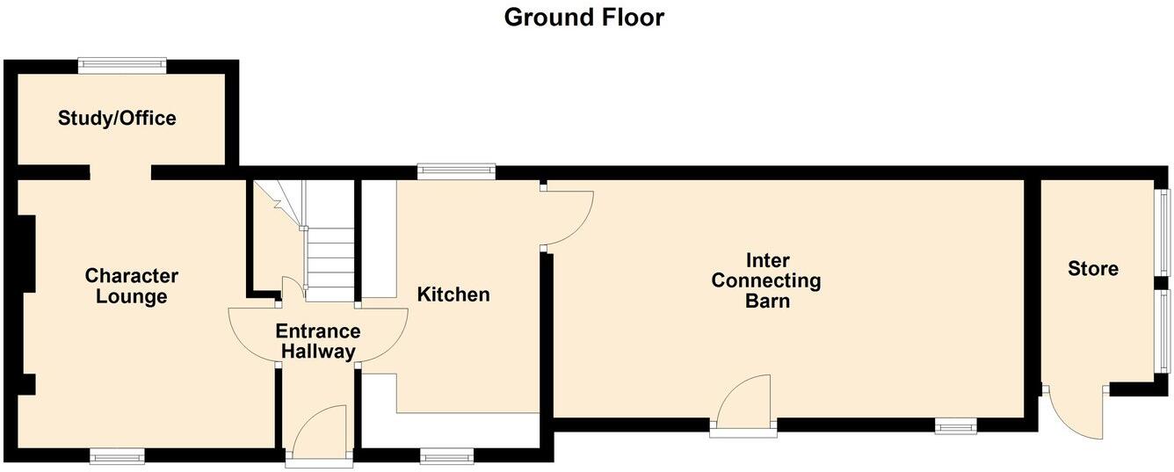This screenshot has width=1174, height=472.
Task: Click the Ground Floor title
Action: (x=583, y=18)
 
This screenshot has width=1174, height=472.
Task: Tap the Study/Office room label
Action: (x=117, y=118)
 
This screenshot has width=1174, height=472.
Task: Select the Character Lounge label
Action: (x=131, y=287)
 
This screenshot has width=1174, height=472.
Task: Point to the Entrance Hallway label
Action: (x=317, y=342)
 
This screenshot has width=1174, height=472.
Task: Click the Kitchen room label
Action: (x=453, y=294)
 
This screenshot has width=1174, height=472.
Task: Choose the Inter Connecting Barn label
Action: (x=765, y=280)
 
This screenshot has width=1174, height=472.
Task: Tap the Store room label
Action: (x=1093, y=268)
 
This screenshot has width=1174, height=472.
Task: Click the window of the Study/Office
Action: (x=122, y=62)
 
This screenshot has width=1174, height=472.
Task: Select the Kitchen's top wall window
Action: (x=456, y=171)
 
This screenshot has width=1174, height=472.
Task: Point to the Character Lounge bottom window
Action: (x=117, y=454)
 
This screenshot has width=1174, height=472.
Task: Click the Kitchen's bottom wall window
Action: (x=446, y=455)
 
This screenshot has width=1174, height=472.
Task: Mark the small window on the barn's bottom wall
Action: (x=955, y=426)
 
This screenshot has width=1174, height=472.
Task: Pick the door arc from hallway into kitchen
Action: (x=384, y=335)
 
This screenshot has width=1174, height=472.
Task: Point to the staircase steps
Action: (x=330, y=264)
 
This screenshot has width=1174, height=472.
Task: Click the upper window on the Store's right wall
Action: (x=1163, y=232)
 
